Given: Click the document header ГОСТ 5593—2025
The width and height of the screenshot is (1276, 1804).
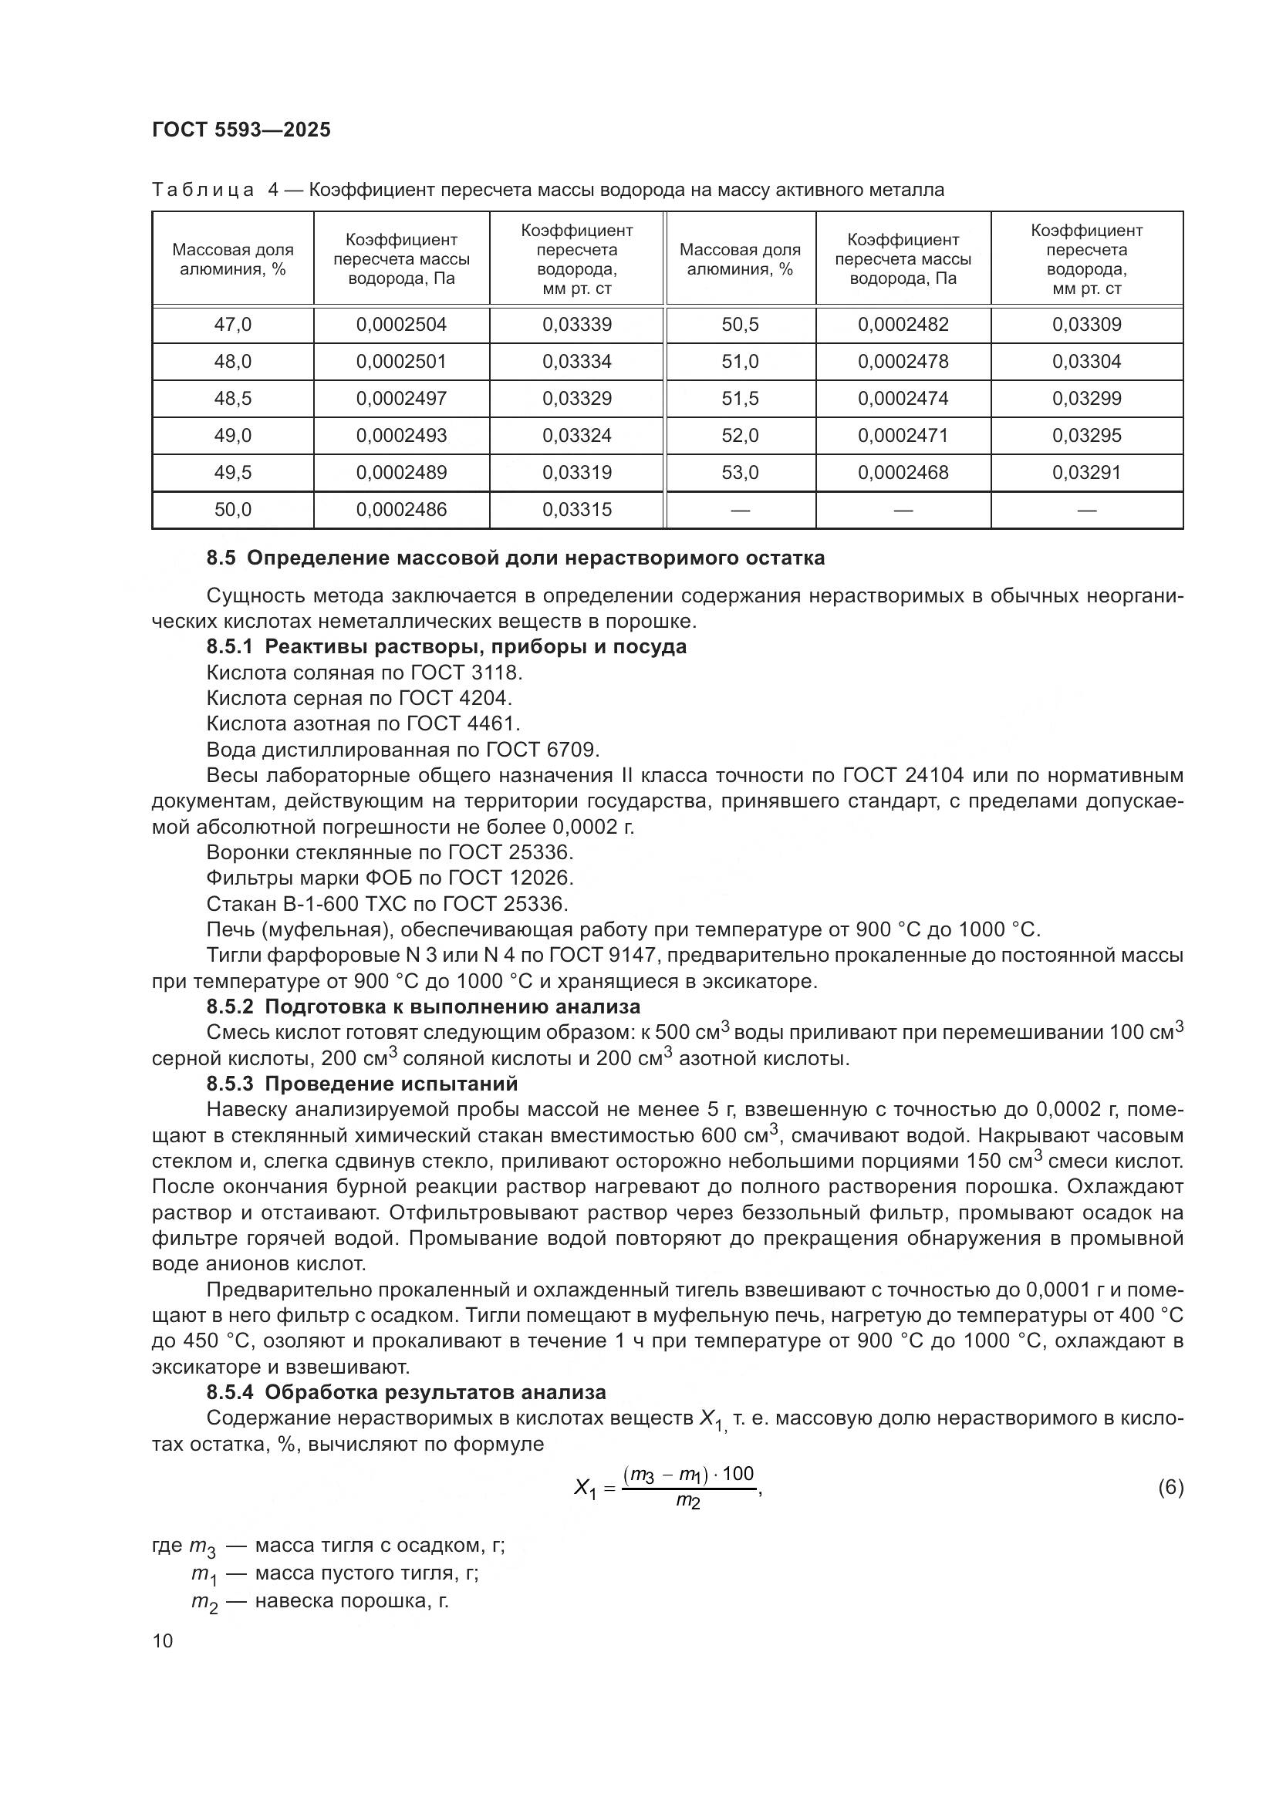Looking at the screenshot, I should [241, 130].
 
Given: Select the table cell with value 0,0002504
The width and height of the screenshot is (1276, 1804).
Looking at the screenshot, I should [400, 325].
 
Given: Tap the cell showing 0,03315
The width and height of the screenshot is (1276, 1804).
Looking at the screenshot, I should [577, 510].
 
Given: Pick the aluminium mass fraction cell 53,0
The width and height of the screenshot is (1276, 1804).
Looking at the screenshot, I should [739, 473].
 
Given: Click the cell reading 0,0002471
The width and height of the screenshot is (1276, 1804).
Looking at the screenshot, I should [903, 436].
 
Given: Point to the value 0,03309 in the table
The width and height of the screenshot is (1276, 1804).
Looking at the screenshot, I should [1087, 325].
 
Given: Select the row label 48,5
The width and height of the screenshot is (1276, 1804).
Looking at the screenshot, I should [232, 398].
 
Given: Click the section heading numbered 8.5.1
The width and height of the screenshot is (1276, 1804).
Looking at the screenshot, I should [445, 646].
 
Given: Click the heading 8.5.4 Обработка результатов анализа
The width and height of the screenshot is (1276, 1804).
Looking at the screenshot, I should [406, 1393].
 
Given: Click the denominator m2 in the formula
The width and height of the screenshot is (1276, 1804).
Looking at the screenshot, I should [687, 1502].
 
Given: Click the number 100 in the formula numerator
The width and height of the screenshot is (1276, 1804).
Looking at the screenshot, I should [738, 1474].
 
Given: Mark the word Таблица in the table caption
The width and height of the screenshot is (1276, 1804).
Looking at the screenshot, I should [203, 191].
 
